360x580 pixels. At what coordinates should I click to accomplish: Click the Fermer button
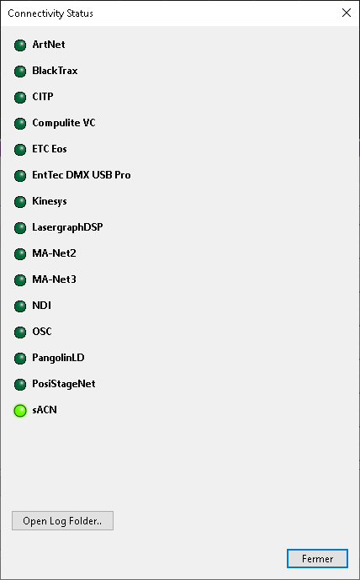(x=317, y=558)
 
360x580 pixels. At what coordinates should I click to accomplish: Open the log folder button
(x=62, y=521)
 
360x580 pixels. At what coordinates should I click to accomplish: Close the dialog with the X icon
(x=347, y=13)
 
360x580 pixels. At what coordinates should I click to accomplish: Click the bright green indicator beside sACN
(x=20, y=411)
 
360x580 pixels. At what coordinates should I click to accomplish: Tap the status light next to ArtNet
(x=20, y=45)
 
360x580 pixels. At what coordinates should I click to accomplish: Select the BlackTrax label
(x=55, y=71)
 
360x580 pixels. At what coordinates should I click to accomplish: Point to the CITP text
(x=43, y=97)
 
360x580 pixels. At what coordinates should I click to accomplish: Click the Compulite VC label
(x=64, y=123)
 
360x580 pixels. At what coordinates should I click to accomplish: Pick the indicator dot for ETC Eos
(x=20, y=150)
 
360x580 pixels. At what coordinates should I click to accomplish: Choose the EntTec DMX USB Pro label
(x=82, y=175)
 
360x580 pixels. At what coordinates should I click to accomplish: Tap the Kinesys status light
(x=20, y=202)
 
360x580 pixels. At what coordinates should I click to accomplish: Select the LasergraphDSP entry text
(x=67, y=227)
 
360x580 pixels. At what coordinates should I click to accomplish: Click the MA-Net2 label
(x=54, y=253)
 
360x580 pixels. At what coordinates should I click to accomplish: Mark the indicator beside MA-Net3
(x=20, y=280)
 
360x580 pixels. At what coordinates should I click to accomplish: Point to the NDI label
(x=41, y=306)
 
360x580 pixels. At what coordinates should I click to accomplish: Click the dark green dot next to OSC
(x=20, y=333)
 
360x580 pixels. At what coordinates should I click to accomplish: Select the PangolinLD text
(x=58, y=358)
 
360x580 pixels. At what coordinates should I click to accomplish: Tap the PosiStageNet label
(x=64, y=384)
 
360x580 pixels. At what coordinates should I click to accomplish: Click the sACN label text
(x=45, y=410)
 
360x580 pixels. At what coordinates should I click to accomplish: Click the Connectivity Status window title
(x=50, y=13)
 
